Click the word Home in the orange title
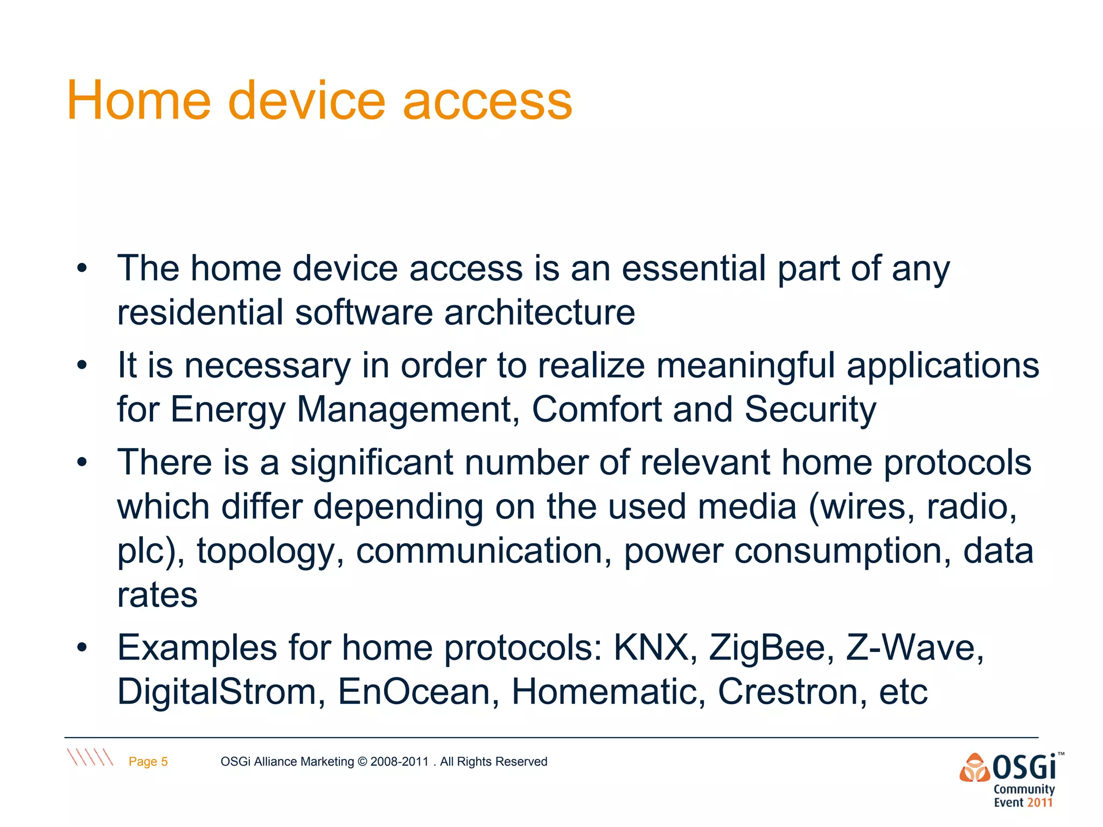tap(138, 101)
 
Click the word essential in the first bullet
tap(694, 268)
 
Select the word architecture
tap(539, 312)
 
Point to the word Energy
tap(228, 410)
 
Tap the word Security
tap(810, 410)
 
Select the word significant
tap(372, 462)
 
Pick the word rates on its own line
tap(157, 595)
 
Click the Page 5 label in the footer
tap(148, 761)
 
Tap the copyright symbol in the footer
tap(362, 761)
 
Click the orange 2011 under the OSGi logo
tap(1039, 802)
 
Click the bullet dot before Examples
tap(81, 647)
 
